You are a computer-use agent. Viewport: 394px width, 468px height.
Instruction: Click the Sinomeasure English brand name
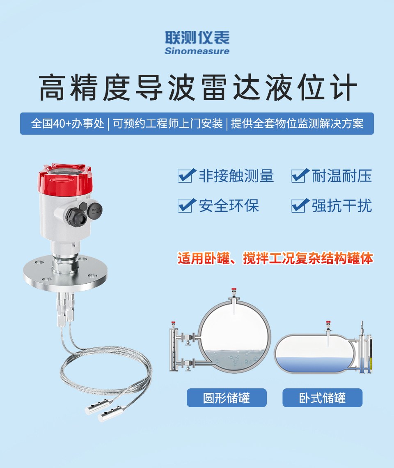(x=197, y=51)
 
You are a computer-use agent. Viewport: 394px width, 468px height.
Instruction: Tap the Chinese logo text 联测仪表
(x=197, y=38)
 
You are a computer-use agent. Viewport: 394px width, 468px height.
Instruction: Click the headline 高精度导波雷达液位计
(x=198, y=88)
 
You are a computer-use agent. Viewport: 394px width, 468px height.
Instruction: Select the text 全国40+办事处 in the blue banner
(x=68, y=124)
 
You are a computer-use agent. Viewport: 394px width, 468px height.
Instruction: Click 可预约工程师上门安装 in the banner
(x=167, y=124)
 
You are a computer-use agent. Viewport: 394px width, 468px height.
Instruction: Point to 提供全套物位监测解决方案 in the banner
(x=297, y=124)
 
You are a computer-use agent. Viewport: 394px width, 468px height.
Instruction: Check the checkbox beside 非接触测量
(x=186, y=176)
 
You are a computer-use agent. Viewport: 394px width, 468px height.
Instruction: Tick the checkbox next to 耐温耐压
(x=300, y=176)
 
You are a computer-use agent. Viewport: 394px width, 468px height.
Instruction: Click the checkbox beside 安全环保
(x=186, y=205)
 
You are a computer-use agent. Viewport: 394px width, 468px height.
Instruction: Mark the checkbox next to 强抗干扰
(x=300, y=205)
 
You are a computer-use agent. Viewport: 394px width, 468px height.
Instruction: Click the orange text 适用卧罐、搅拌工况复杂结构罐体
(x=275, y=258)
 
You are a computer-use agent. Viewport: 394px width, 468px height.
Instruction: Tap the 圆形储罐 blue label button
(x=227, y=398)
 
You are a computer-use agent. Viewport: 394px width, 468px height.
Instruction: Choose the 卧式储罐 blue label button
(x=322, y=398)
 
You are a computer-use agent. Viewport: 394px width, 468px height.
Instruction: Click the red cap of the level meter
(x=65, y=179)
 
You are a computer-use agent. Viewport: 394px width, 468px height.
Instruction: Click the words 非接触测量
(x=236, y=176)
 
